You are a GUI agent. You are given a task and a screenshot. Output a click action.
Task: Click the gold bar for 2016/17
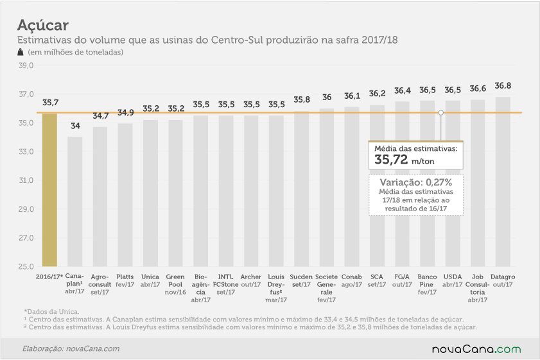click(x=49, y=190)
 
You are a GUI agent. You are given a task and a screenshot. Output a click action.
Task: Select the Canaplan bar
click(x=74, y=201)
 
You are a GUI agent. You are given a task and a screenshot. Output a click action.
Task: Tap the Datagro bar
click(x=503, y=182)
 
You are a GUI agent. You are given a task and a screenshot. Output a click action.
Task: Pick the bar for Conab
click(x=352, y=187)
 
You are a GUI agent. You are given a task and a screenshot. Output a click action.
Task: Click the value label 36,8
click(x=503, y=85)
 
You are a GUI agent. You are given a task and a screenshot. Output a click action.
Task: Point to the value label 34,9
click(x=126, y=112)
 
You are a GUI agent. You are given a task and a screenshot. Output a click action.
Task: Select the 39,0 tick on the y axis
click(x=26, y=65)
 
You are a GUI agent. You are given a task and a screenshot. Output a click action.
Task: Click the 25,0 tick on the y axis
click(x=26, y=266)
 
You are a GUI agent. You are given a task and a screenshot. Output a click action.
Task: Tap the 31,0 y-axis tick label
click(x=26, y=180)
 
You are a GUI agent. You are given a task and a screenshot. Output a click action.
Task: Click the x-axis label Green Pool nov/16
click(x=175, y=285)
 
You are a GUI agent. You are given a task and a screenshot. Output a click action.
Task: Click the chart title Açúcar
click(x=43, y=25)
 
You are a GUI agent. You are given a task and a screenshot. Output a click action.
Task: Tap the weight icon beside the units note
click(x=21, y=52)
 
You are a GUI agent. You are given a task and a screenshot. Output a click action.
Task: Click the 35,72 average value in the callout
click(x=391, y=160)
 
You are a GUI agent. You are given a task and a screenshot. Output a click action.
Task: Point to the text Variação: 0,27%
click(x=416, y=182)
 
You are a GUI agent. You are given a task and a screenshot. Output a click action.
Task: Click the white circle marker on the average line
click(x=441, y=112)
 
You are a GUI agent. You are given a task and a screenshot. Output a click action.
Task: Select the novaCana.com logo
click(x=476, y=349)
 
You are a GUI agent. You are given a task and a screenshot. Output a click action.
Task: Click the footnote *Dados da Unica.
click(x=51, y=312)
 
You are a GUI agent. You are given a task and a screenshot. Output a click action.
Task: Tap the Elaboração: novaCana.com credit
click(x=71, y=348)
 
